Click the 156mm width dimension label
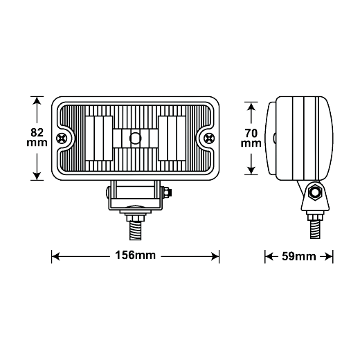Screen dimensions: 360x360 [135, 255]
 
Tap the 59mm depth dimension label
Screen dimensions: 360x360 [299, 256]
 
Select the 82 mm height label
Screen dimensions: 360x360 [37, 138]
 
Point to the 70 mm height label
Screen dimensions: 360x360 [251, 138]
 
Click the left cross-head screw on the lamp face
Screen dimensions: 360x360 [62, 138]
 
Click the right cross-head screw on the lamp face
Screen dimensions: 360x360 [209, 138]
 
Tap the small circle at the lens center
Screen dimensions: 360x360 [135, 138]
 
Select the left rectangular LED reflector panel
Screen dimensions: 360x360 [99, 138]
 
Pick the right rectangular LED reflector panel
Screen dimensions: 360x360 [172, 138]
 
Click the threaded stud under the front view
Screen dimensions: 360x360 [135, 231]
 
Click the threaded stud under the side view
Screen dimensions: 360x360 [315, 229]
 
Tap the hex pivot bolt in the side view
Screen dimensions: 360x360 [315, 192]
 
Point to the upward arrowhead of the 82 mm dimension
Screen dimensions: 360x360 [37, 100]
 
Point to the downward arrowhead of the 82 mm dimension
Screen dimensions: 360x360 [37, 176]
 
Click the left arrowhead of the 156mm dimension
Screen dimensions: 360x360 [55, 256]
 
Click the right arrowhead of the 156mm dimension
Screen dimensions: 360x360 [215, 256]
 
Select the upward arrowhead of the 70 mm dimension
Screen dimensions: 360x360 [251, 107]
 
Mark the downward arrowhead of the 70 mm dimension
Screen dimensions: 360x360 [251, 170]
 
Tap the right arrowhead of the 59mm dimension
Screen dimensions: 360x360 [329, 256]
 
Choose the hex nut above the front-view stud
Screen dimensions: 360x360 [135, 218]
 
